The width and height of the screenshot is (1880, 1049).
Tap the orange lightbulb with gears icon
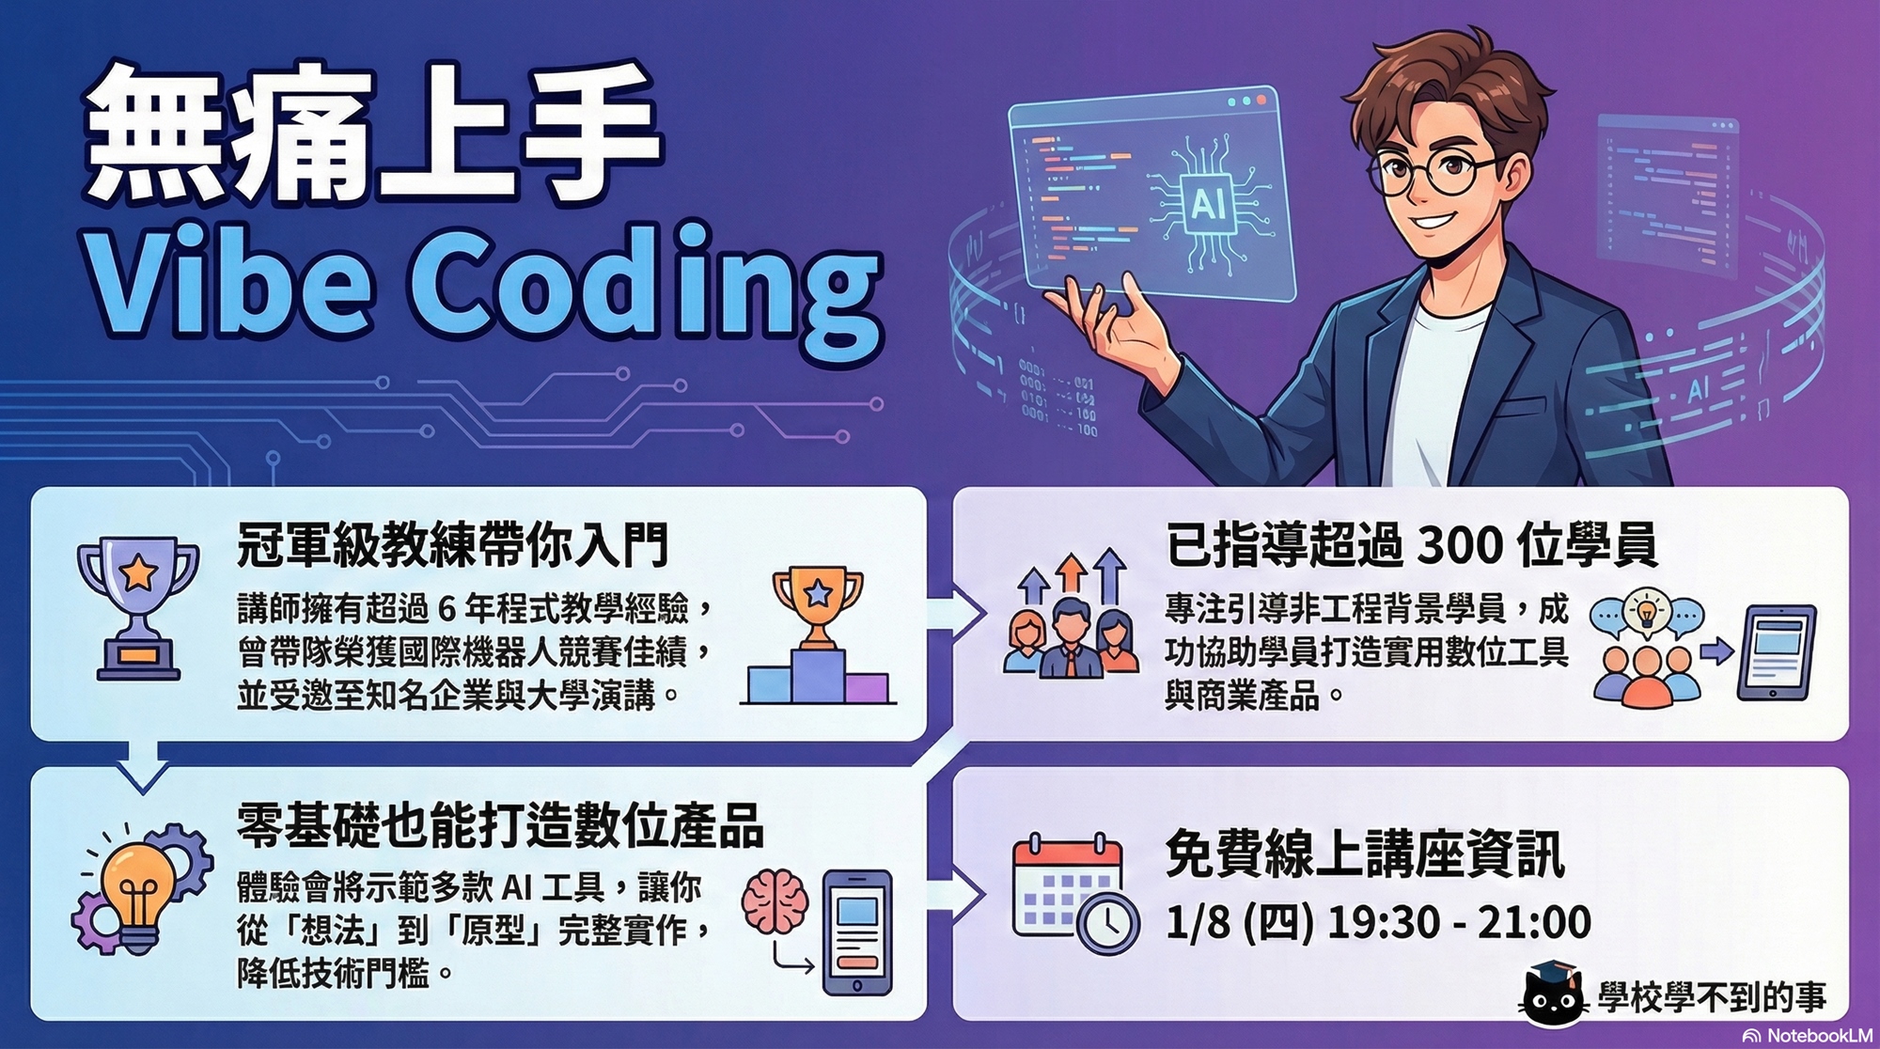(141, 888)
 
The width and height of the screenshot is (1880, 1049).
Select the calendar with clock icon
(1076, 893)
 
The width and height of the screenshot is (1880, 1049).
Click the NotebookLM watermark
(1807, 1035)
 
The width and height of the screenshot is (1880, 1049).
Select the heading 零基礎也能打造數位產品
(500, 826)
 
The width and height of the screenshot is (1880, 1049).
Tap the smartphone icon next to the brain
(856, 932)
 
